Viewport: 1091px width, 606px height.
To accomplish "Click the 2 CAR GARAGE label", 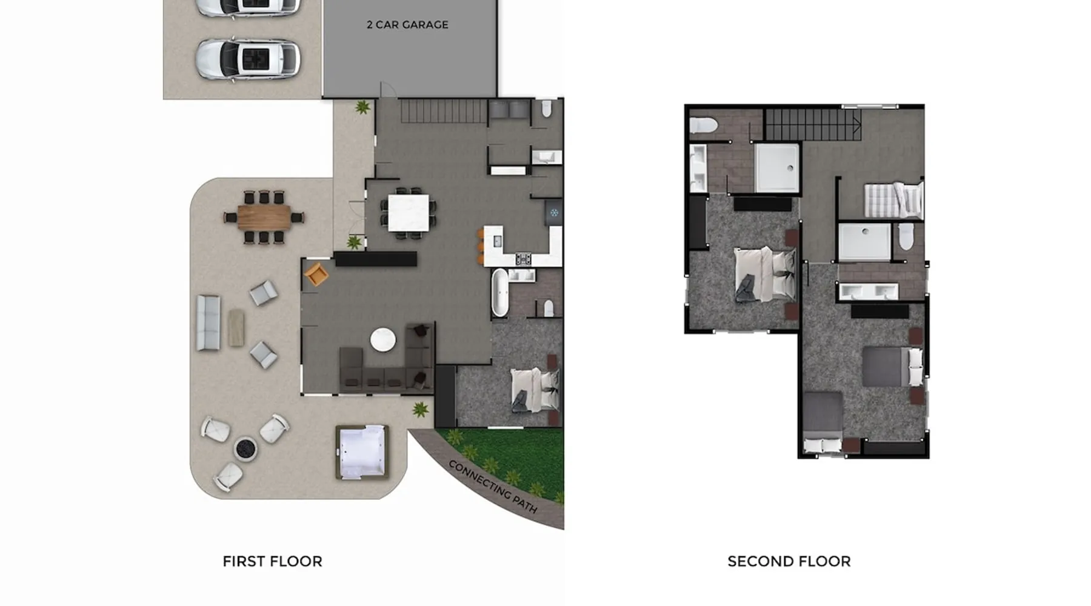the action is (407, 25).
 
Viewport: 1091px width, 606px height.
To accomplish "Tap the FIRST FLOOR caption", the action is (272, 561).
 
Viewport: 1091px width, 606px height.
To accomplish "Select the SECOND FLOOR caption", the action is (789, 561).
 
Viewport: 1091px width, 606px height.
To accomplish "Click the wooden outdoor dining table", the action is (264, 217).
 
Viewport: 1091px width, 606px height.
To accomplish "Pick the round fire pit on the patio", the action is (245, 449).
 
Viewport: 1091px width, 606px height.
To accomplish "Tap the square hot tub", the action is (362, 452).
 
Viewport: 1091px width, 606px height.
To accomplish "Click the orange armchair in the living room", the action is (316, 274).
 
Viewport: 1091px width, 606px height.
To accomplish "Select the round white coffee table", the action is (383, 339).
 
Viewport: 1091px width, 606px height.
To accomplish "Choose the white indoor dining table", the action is (409, 213).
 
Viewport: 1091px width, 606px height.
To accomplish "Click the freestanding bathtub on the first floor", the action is (499, 293).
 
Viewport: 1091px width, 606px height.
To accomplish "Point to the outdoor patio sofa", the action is (208, 322).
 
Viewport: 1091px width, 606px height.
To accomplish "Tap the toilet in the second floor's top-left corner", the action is (704, 125).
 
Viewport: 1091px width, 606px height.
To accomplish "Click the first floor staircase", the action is (444, 112).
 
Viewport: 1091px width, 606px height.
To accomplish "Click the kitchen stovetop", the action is (523, 259).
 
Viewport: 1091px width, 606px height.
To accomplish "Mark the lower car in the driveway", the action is (247, 60).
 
